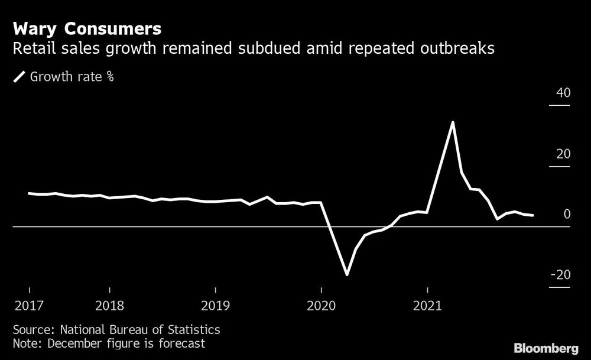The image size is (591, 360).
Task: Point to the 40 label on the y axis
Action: pos(563,93)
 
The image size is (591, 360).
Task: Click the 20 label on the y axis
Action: pos(563,154)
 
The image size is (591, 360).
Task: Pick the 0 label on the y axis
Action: pos(567,215)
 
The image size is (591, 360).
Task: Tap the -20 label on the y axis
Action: pos(560,275)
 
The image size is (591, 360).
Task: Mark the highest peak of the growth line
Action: pos(453,122)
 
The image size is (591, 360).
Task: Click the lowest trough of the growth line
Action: pos(347,274)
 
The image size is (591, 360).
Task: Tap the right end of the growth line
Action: pos(533,215)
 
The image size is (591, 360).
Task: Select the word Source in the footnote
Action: pos(31,329)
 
